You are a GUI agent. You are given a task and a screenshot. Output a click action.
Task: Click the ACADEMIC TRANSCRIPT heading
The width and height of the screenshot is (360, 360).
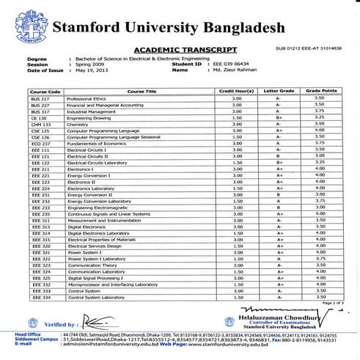185,49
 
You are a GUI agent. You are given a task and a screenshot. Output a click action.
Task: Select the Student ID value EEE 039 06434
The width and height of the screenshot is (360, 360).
232,63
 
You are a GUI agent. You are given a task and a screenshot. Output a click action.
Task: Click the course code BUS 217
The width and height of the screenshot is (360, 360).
39,98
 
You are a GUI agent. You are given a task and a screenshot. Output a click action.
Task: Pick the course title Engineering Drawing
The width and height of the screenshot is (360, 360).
89,117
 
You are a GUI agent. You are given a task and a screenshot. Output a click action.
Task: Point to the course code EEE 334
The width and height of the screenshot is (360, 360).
40,298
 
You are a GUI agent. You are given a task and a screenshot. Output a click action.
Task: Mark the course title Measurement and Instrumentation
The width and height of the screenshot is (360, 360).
102,221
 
